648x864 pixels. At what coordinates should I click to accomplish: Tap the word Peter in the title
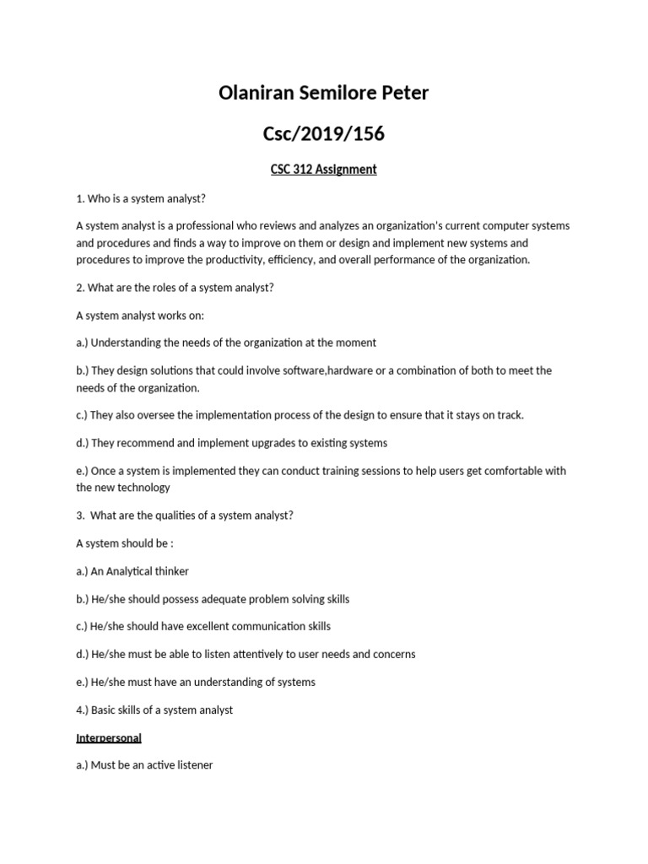point(402,93)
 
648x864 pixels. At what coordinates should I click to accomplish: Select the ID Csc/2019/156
point(324,132)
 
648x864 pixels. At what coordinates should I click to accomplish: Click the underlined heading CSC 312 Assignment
point(324,169)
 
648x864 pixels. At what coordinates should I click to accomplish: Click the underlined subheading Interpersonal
point(109,737)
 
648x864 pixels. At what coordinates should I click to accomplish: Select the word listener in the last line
point(191,765)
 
